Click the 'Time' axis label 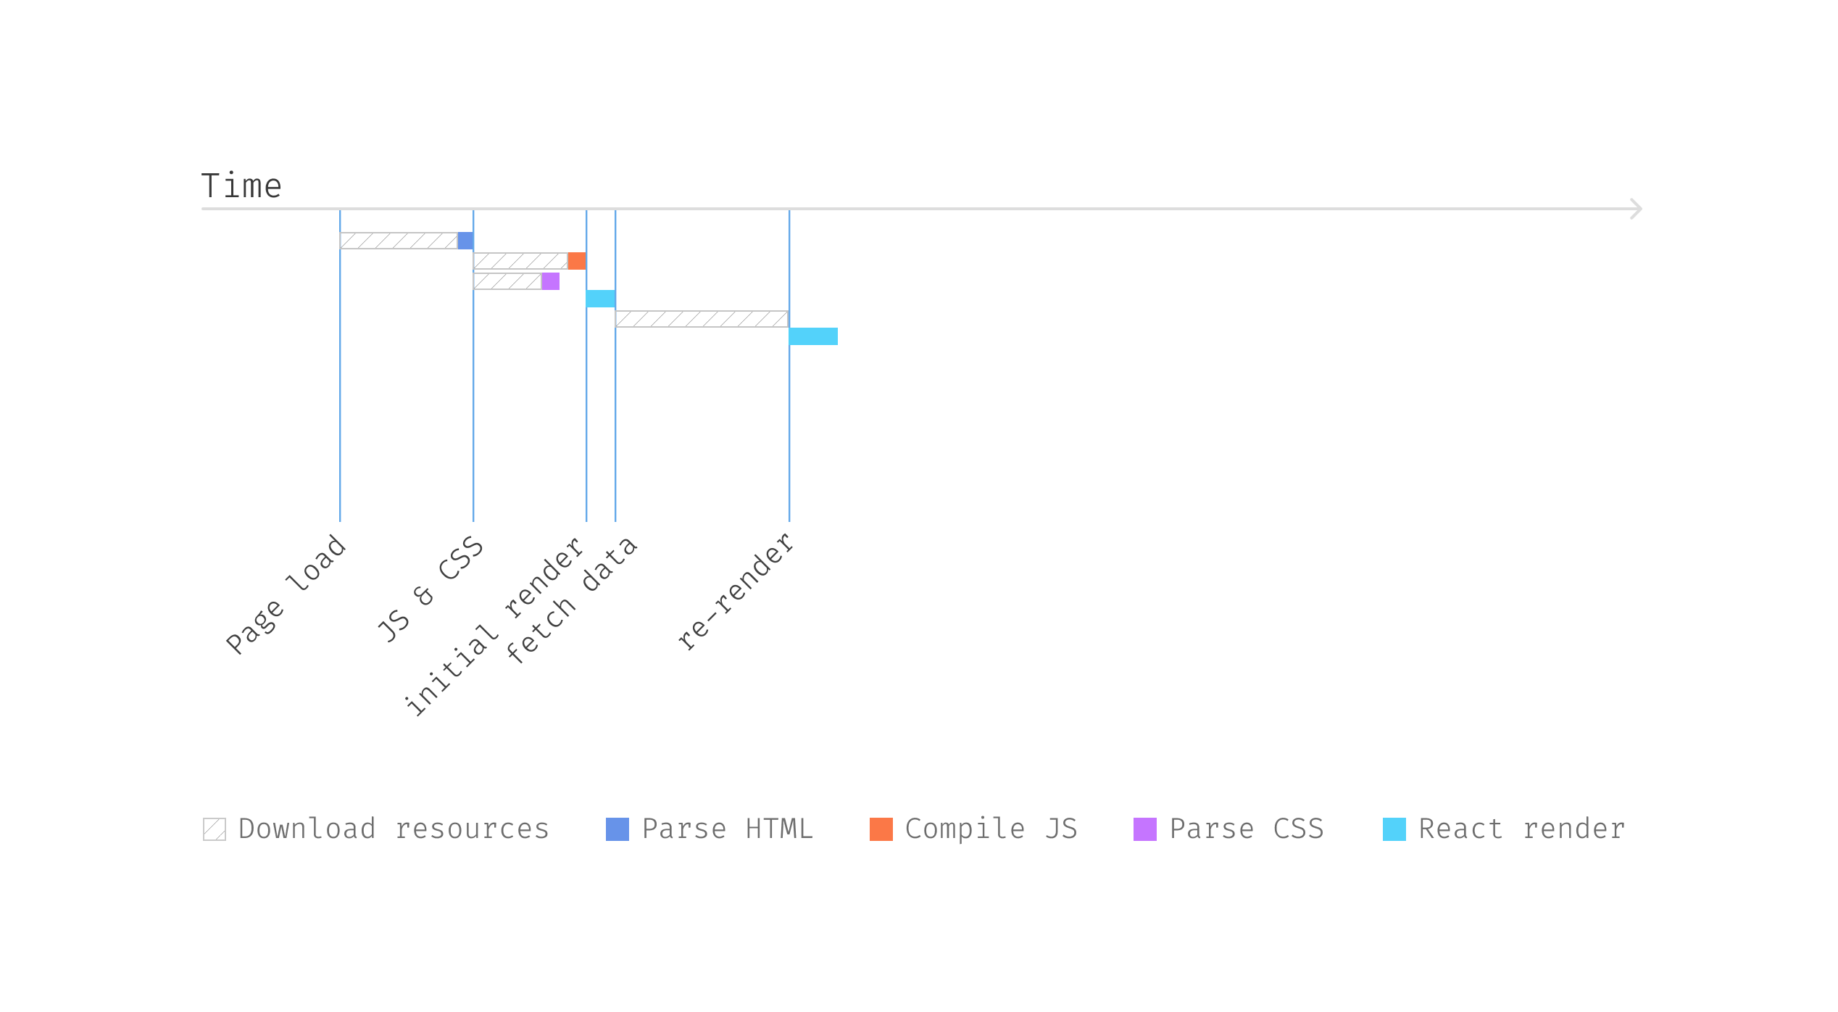tap(241, 186)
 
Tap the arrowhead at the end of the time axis tap(1636, 209)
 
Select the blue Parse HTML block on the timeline tap(465, 241)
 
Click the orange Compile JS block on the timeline tap(576, 261)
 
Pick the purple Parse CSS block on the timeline tap(550, 281)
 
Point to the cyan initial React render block tap(601, 299)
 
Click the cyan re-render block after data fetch tap(813, 336)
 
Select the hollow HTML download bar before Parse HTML tap(399, 241)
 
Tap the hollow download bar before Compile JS tap(520, 261)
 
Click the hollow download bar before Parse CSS tap(507, 281)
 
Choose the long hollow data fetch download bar tap(702, 319)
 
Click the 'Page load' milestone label tap(286, 594)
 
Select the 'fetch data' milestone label tap(571, 600)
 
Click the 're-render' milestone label tap(736, 592)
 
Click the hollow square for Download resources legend tap(215, 829)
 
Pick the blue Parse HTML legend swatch tap(617, 829)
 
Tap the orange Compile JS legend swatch tap(881, 829)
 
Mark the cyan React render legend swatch tap(1394, 829)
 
